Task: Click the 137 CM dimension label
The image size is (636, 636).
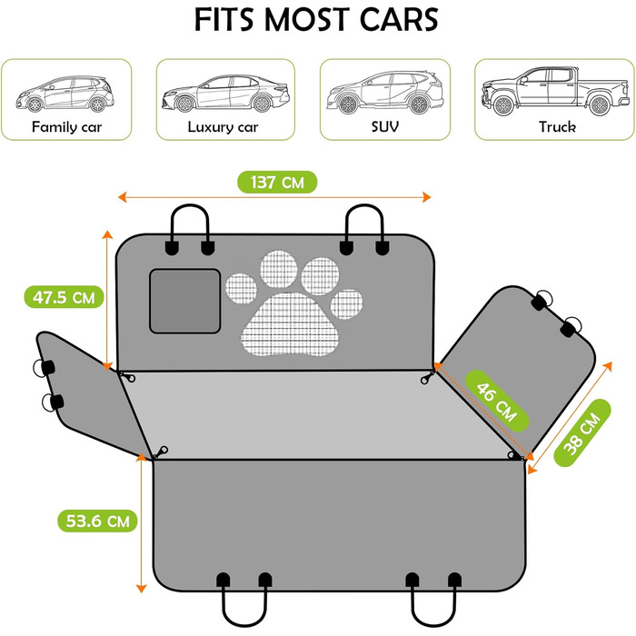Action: click(277, 182)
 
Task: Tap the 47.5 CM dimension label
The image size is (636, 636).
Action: click(64, 297)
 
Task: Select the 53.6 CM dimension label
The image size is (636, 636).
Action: click(97, 521)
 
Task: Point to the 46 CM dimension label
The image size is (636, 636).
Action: click(497, 402)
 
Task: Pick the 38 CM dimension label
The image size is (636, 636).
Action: click(582, 432)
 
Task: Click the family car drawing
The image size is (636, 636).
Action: click(65, 94)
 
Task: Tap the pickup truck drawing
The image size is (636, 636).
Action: click(555, 91)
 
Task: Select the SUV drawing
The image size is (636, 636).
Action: click(385, 93)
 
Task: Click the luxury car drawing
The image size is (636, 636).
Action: click(225, 94)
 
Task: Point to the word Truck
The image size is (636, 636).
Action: click(557, 127)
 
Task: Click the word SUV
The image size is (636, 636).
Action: click(385, 127)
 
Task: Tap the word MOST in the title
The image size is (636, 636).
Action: click(307, 19)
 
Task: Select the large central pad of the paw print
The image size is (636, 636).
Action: click(291, 324)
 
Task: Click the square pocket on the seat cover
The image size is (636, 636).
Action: click(185, 301)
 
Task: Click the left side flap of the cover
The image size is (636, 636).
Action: click(91, 393)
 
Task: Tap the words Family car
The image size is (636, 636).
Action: click(66, 127)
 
